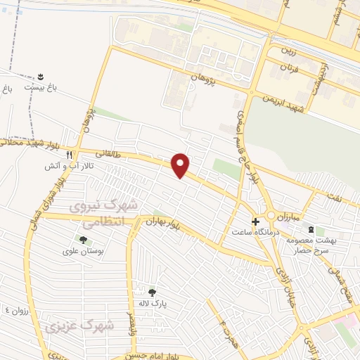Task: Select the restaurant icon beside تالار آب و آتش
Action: pyautogui.click(x=69, y=155)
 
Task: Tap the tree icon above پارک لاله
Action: pyautogui.click(x=152, y=292)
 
